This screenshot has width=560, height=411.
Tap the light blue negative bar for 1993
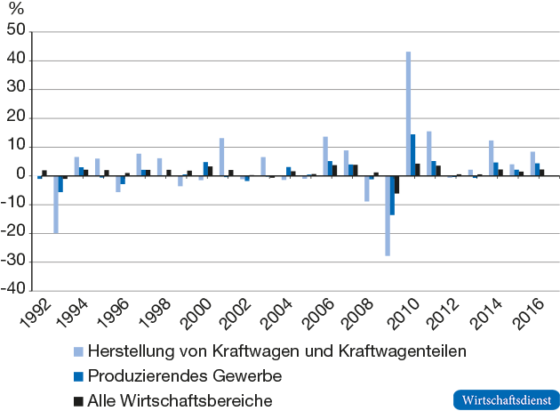tap(55, 204)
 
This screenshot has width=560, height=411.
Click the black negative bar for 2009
tap(396, 184)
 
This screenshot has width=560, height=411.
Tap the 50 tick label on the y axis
tap(17, 32)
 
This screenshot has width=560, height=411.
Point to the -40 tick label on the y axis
tap(13, 291)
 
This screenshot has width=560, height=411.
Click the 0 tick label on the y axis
tap(21, 176)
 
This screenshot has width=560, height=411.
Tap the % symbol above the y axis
tap(15, 10)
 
